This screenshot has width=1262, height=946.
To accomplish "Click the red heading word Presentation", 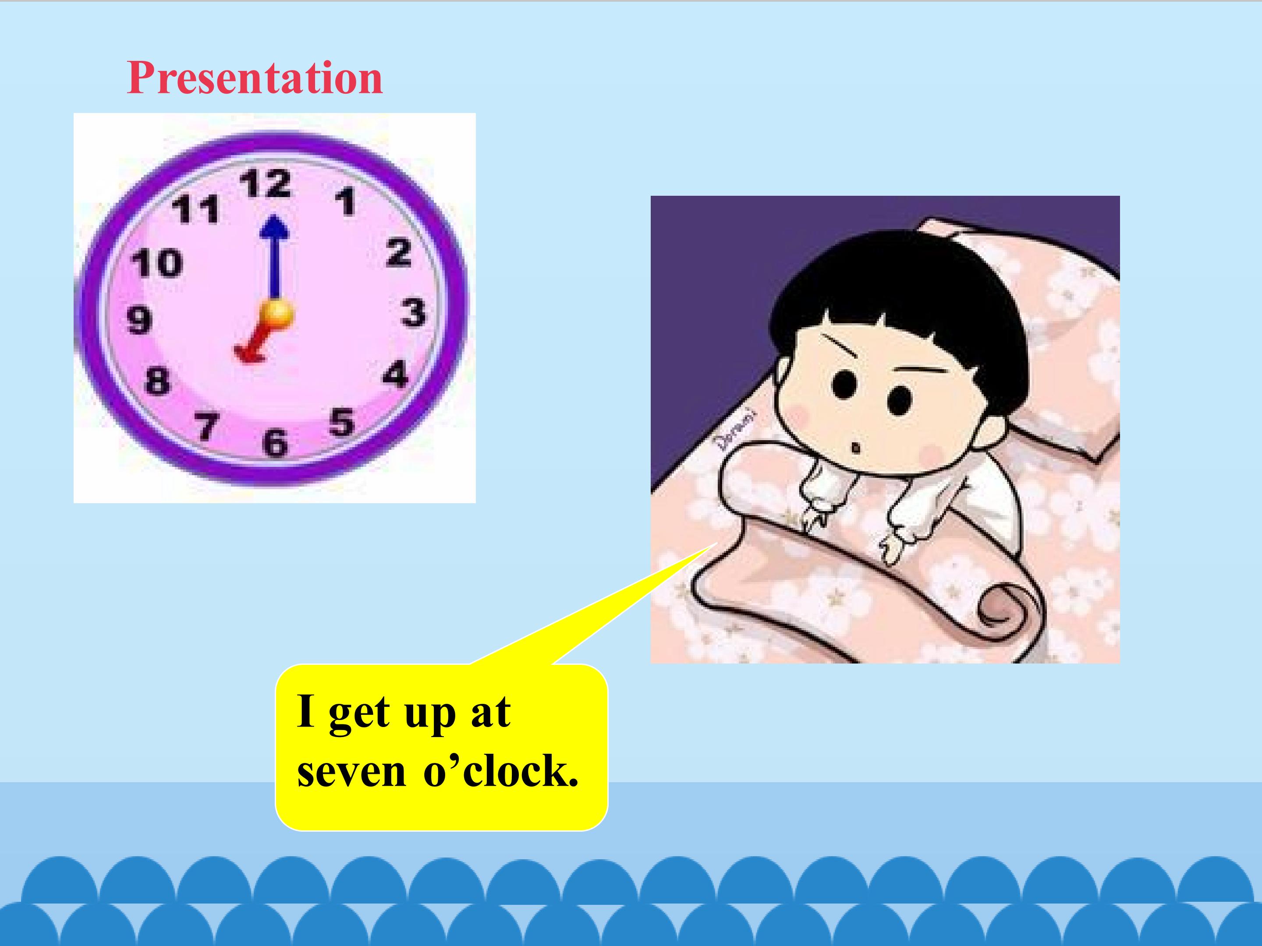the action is [255, 78].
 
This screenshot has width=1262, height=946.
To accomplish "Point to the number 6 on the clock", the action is [275, 443].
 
